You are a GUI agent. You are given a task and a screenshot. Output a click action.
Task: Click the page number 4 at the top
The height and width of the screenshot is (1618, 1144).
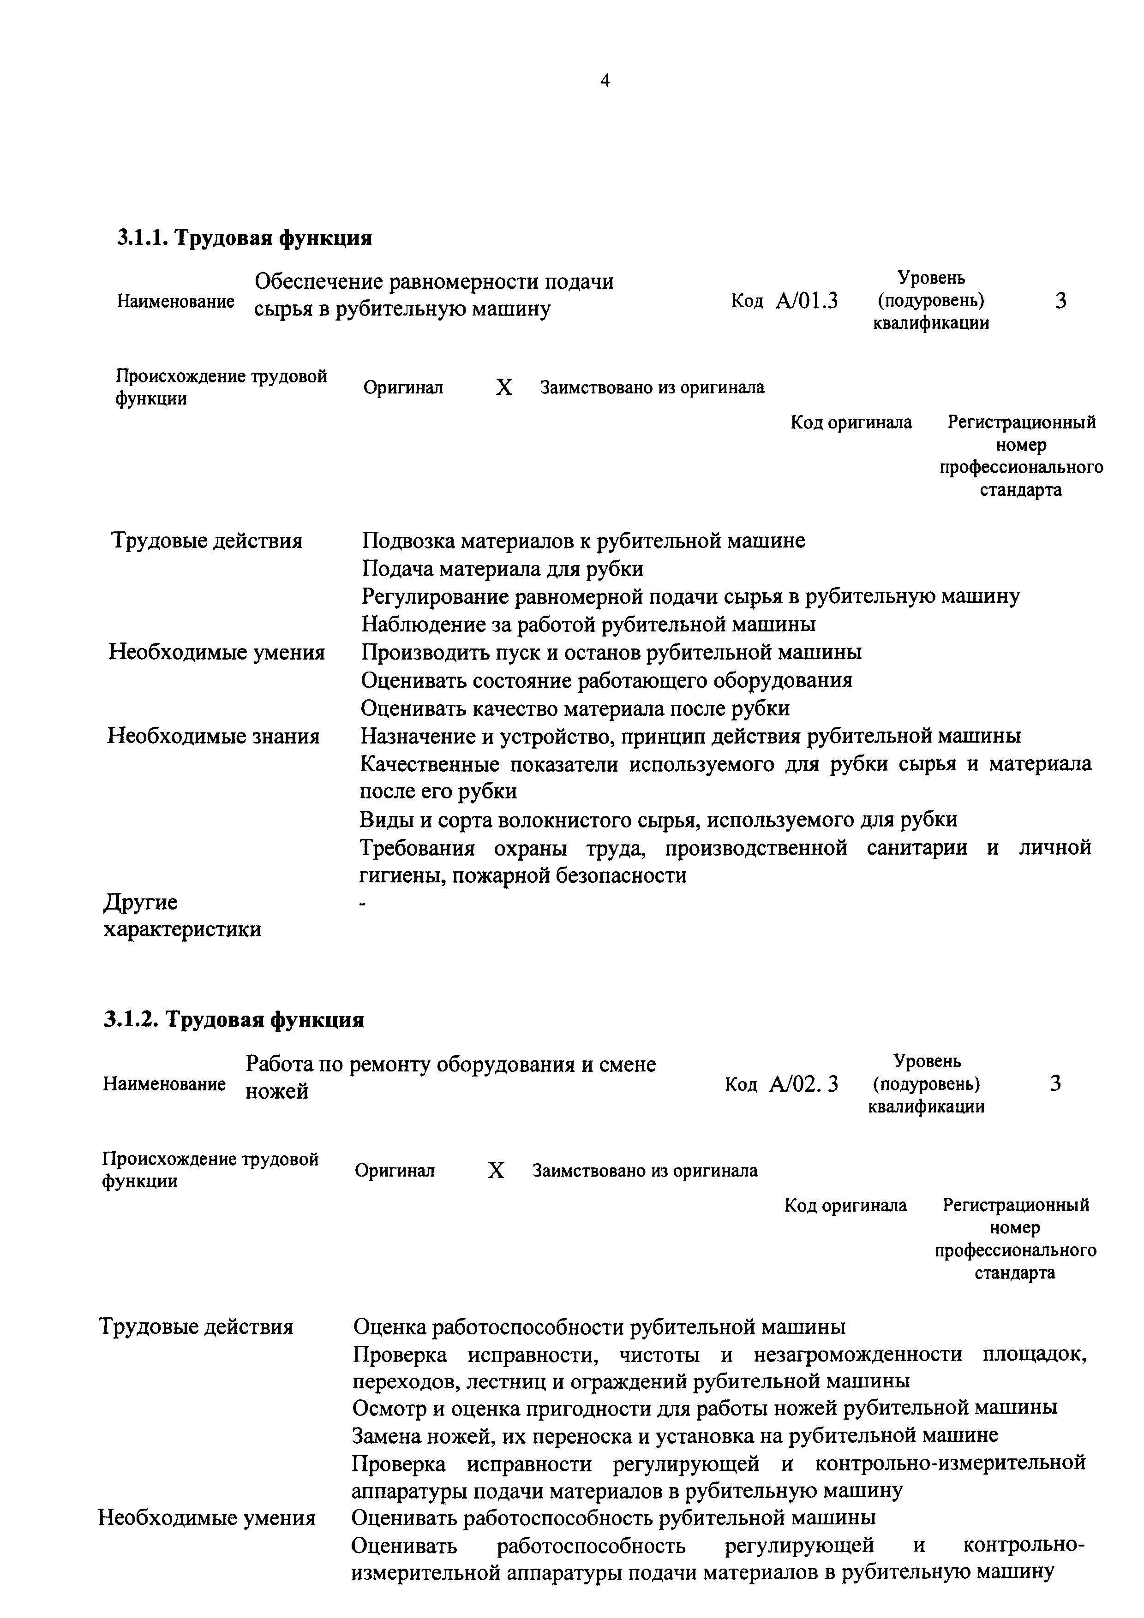click(605, 80)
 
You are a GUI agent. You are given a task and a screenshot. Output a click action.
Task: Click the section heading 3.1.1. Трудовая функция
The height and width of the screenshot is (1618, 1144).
click(245, 238)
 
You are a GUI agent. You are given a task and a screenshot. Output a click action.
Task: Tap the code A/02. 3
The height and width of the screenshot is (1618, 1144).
click(803, 1084)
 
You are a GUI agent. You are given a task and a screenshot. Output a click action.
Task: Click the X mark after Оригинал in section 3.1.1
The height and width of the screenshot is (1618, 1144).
click(503, 387)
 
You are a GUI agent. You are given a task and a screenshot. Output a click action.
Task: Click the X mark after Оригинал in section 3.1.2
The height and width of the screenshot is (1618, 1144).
click(496, 1171)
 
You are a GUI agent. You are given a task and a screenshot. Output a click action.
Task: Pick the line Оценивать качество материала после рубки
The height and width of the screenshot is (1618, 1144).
click(575, 708)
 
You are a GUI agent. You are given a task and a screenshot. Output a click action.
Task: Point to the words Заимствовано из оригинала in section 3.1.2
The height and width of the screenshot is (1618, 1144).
click(645, 1171)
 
